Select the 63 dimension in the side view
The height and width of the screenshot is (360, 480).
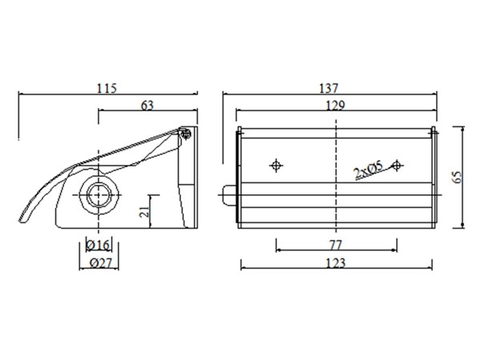coord(146,104)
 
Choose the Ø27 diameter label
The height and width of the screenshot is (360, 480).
coord(98,263)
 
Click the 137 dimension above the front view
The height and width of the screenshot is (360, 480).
coord(334,88)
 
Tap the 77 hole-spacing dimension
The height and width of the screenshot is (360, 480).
coord(334,242)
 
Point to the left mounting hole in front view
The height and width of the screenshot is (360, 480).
coord(277,164)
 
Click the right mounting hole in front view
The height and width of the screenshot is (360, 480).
coord(397,164)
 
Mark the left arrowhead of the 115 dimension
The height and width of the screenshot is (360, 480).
coord(22,95)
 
